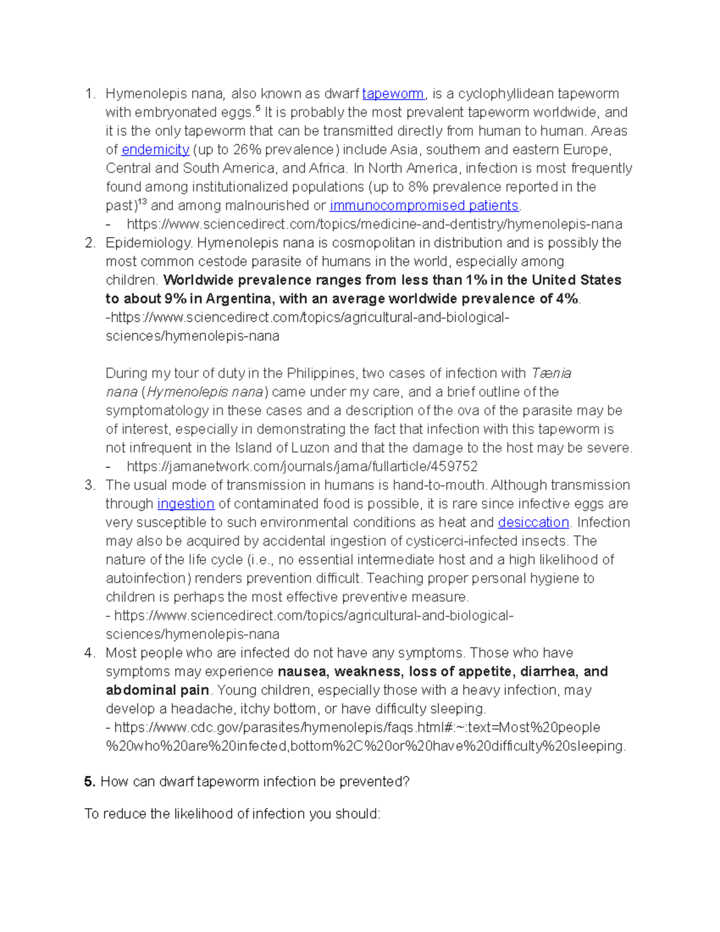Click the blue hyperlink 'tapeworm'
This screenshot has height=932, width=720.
point(393,94)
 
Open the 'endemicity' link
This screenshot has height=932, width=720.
point(155,149)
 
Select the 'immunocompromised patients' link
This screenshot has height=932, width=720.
point(424,205)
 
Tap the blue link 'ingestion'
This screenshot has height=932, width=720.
point(185,504)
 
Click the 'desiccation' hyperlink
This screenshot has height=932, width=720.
point(533,522)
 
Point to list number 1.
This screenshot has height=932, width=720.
point(90,94)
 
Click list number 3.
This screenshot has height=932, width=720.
point(90,485)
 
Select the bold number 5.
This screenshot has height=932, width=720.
point(89,781)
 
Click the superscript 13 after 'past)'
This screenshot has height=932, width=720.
point(142,202)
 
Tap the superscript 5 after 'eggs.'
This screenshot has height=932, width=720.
point(258,109)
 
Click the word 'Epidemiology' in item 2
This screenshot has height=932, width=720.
point(149,242)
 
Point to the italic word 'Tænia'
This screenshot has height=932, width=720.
point(551,373)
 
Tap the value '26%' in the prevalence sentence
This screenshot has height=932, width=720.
point(247,149)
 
